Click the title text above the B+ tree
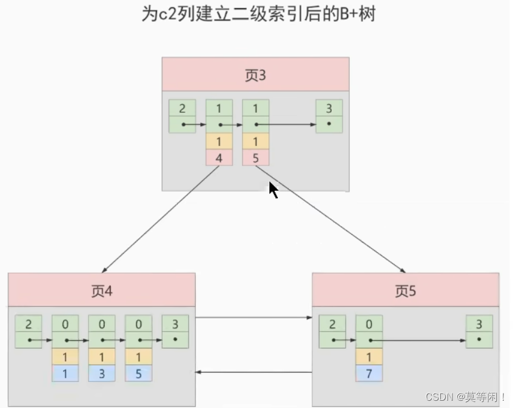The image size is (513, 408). click(x=258, y=15)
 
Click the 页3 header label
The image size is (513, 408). click(x=255, y=75)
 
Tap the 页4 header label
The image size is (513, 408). click(x=101, y=291)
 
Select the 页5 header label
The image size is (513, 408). click(x=405, y=291)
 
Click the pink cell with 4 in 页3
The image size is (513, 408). click(x=219, y=158)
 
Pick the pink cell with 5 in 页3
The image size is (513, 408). click(x=255, y=158)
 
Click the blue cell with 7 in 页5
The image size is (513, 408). click(x=369, y=373)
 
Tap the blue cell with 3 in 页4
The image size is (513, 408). click(x=101, y=373)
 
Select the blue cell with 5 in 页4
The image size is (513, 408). click(x=138, y=373)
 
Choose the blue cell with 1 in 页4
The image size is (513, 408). click(x=65, y=373)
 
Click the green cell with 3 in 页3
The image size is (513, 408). click(x=329, y=109)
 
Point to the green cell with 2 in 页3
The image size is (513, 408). click(x=182, y=109)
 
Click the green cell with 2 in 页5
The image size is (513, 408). click(x=332, y=324)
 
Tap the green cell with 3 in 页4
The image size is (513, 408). click(x=175, y=324)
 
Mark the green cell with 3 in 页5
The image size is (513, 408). click(x=479, y=324)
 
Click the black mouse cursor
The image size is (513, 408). click(x=273, y=190)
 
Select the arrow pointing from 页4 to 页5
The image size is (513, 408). click(x=253, y=317)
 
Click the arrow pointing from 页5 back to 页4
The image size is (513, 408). click(x=253, y=372)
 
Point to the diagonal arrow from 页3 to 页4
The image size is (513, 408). click(x=161, y=218)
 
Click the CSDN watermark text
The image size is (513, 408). click(x=465, y=398)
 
